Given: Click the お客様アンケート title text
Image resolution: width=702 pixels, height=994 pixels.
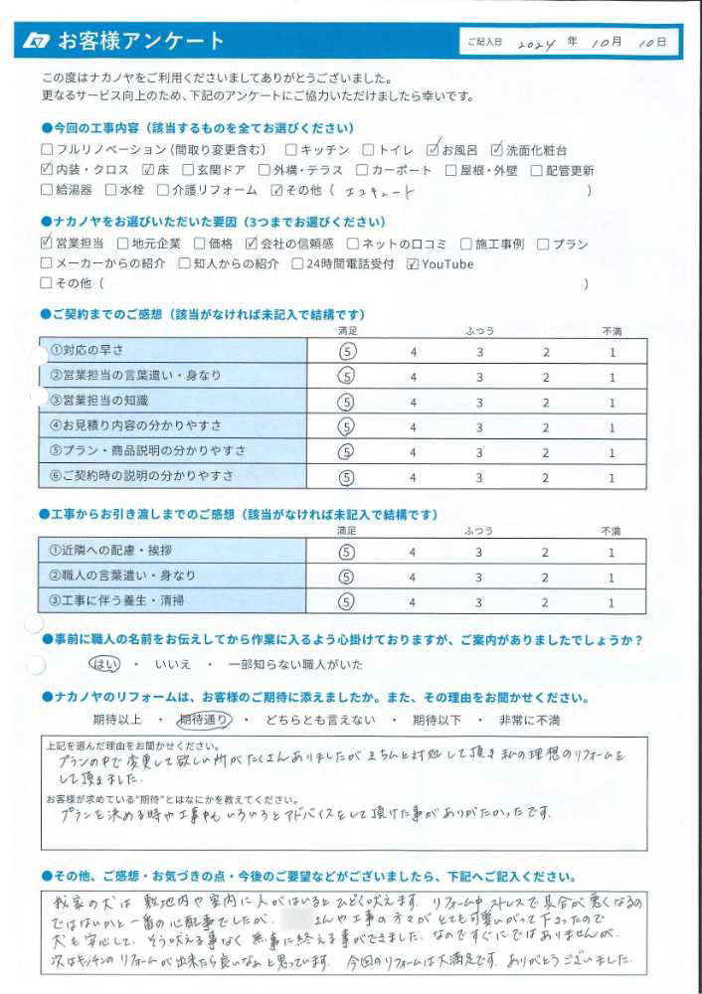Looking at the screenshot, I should (140, 41).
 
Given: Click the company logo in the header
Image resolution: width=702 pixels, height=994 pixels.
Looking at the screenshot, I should (37, 41).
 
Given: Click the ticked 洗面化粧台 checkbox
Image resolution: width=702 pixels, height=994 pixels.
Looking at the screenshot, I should (497, 150).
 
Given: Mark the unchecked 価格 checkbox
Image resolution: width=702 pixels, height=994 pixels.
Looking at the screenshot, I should (185, 244).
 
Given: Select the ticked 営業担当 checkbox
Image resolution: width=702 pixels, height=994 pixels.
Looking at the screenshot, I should (47, 244).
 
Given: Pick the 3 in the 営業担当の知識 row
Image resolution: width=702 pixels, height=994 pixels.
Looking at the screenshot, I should (479, 402).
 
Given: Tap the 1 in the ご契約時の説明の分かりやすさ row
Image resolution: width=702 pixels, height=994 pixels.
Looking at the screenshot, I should (613, 477).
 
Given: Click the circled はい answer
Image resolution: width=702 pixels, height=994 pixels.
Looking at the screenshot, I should (102, 663).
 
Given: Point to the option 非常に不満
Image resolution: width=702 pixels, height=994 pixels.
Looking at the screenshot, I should (528, 720).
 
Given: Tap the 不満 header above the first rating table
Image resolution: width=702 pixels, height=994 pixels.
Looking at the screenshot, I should (612, 330).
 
